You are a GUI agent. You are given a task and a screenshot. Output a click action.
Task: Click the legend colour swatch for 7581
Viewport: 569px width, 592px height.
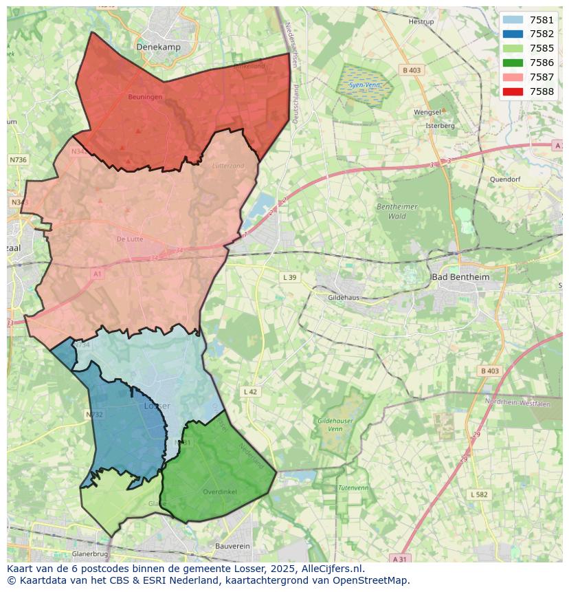(x=512, y=20)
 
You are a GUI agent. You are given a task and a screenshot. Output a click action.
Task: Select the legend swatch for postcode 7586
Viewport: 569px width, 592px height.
(x=512, y=63)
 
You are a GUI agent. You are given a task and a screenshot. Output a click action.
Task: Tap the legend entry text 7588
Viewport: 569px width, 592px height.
(x=542, y=91)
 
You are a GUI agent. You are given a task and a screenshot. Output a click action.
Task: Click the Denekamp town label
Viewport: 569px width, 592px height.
(x=159, y=47)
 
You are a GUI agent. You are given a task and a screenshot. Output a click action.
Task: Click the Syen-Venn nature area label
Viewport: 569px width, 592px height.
(x=364, y=85)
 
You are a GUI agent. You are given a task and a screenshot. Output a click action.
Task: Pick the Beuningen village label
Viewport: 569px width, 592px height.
(x=145, y=97)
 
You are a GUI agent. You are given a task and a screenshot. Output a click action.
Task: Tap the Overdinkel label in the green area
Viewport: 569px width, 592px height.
(x=220, y=492)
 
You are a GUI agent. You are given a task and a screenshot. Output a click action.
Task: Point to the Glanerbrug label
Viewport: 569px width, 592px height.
(x=90, y=553)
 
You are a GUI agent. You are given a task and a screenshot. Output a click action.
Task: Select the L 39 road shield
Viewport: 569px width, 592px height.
(x=289, y=277)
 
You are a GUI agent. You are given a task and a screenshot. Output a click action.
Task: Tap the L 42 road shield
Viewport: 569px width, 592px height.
(x=250, y=391)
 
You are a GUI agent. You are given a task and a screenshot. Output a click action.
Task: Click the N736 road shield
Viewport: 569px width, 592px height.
(x=18, y=160)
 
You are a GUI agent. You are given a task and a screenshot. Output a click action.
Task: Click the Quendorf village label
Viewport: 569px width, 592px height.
(x=505, y=179)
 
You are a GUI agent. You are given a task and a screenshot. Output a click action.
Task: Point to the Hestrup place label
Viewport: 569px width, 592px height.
(x=421, y=22)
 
